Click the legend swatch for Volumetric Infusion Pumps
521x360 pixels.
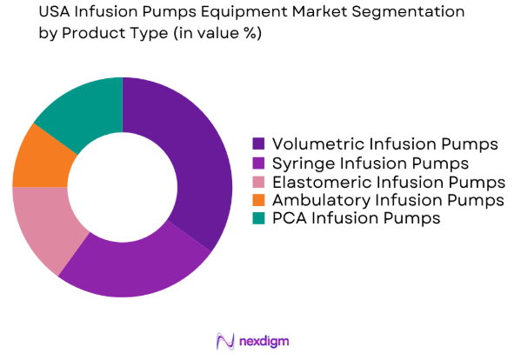[259, 143]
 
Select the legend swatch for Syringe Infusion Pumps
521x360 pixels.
[259, 163]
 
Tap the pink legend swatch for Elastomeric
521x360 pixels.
[259, 182]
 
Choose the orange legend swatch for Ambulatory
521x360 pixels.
[259, 201]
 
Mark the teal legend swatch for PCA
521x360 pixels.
[259, 219]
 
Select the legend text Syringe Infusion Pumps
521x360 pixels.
[370, 163]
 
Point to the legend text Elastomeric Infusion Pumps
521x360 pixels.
[388, 182]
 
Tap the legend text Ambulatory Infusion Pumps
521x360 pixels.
[388, 201]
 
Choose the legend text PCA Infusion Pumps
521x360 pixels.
[357, 219]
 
